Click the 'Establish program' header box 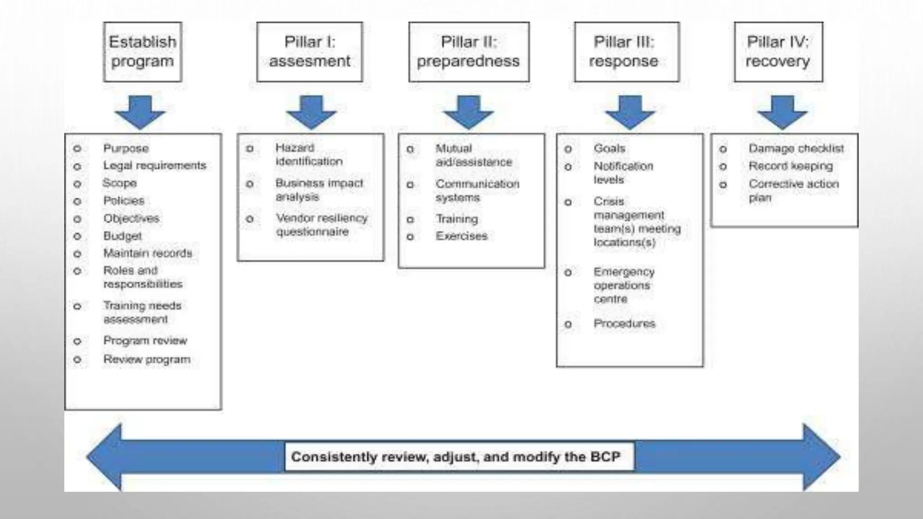pos(142,52)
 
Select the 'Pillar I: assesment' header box pos(310,52)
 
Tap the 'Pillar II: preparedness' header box pos(469,52)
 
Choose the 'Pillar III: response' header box pos(626,52)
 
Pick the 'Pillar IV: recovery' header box pos(778,52)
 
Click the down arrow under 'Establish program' pos(140,112)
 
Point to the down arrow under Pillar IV pos(782,112)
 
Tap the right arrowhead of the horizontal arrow pos(820,457)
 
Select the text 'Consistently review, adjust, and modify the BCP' pos(456,457)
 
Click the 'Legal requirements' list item pos(155,166)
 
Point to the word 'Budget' pos(123,236)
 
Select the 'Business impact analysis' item pos(319,190)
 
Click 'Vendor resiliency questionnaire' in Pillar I pos(321,225)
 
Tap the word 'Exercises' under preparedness pos(461,236)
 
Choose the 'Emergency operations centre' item pos(623,285)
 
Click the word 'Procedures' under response pos(624,323)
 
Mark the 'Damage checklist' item pos(796,149)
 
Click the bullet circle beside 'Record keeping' pos(723,167)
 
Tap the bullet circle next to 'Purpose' pos(77,149)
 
